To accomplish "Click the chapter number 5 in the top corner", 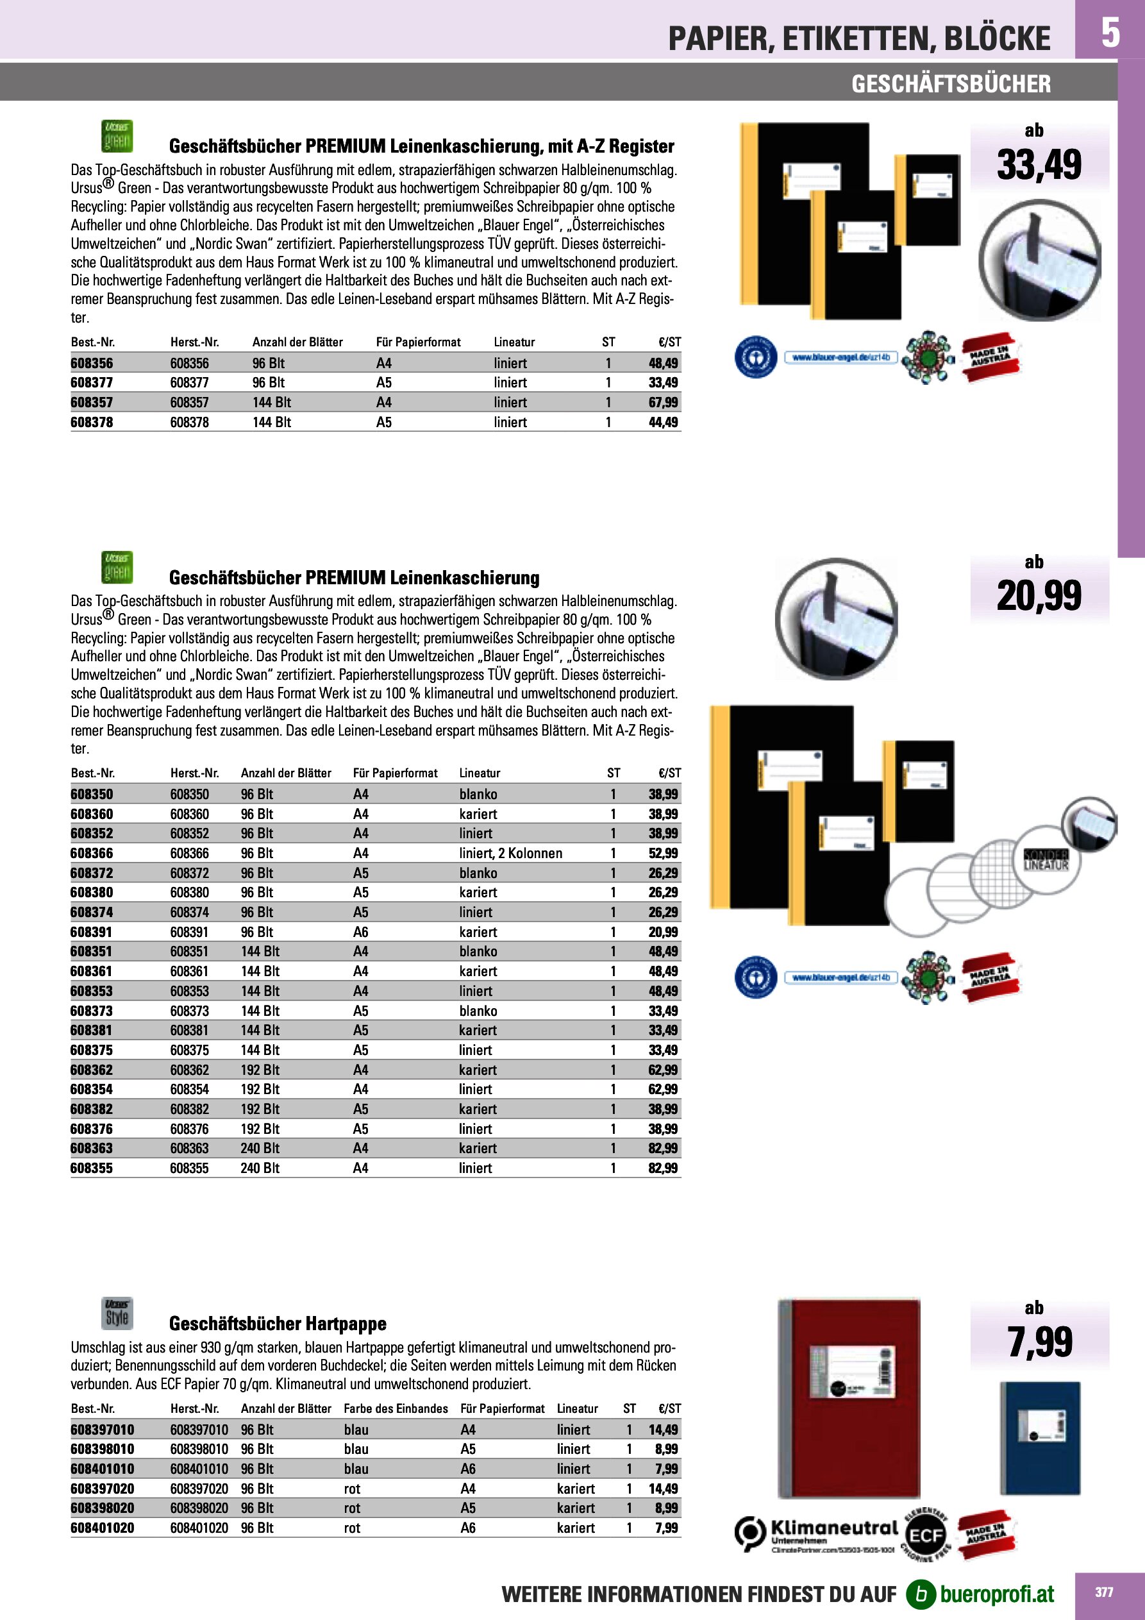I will point(1110,32).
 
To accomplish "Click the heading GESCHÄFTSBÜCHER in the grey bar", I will point(950,84).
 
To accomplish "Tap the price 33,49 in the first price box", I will point(1039,165).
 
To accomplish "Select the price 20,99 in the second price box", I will point(1039,596).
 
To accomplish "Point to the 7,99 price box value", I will point(1039,1342).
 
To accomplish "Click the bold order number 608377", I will point(92,382).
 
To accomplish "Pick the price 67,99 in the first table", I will point(662,402).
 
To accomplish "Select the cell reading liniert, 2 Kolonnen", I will point(510,853).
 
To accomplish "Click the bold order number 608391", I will point(92,932).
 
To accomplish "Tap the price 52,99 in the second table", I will point(662,853).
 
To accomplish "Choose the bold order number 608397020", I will point(103,1488).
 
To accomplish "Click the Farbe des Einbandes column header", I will point(395,1408).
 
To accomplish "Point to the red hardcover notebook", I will point(849,1397).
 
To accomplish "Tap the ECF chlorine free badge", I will point(925,1536).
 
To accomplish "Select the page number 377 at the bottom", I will point(1103,1592).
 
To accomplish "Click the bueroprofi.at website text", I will point(996,1594).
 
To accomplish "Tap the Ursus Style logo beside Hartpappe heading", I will point(117,1314).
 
